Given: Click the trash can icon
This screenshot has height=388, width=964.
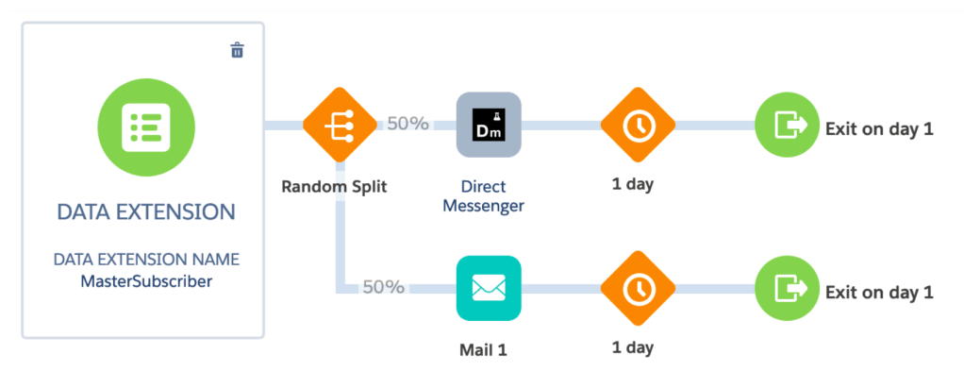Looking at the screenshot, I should [x=238, y=50].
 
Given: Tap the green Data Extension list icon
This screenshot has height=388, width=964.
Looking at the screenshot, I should [x=146, y=124].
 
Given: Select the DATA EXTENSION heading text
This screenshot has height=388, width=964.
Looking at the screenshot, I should [x=145, y=211].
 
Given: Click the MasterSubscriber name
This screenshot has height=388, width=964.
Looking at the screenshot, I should [x=146, y=279].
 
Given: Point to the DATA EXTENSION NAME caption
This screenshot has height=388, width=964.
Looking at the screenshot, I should [x=146, y=259].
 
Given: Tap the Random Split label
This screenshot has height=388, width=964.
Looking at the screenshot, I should [x=334, y=186].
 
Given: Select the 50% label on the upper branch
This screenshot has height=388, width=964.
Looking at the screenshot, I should [x=407, y=124].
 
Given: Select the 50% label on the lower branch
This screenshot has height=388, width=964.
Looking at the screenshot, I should [x=384, y=286].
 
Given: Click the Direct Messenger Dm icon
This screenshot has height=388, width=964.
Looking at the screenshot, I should [x=489, y=125].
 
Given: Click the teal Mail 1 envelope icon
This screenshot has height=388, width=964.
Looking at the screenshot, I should [x=489, y=286].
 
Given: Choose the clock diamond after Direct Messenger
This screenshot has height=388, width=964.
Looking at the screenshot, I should [x=639, y=125].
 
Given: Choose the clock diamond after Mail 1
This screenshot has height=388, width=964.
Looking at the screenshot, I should [x=639, y=287].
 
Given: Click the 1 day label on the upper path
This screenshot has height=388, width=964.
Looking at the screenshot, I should [x=633, y=184].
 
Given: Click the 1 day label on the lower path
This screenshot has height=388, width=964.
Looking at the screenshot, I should [x=633, y=347].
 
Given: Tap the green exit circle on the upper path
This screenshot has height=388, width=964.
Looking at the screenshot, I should [x=787, y=125].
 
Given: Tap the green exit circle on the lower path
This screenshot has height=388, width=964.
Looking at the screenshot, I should [x=787, y=287].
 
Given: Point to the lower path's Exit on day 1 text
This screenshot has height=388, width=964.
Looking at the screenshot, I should [x=879, y=292].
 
